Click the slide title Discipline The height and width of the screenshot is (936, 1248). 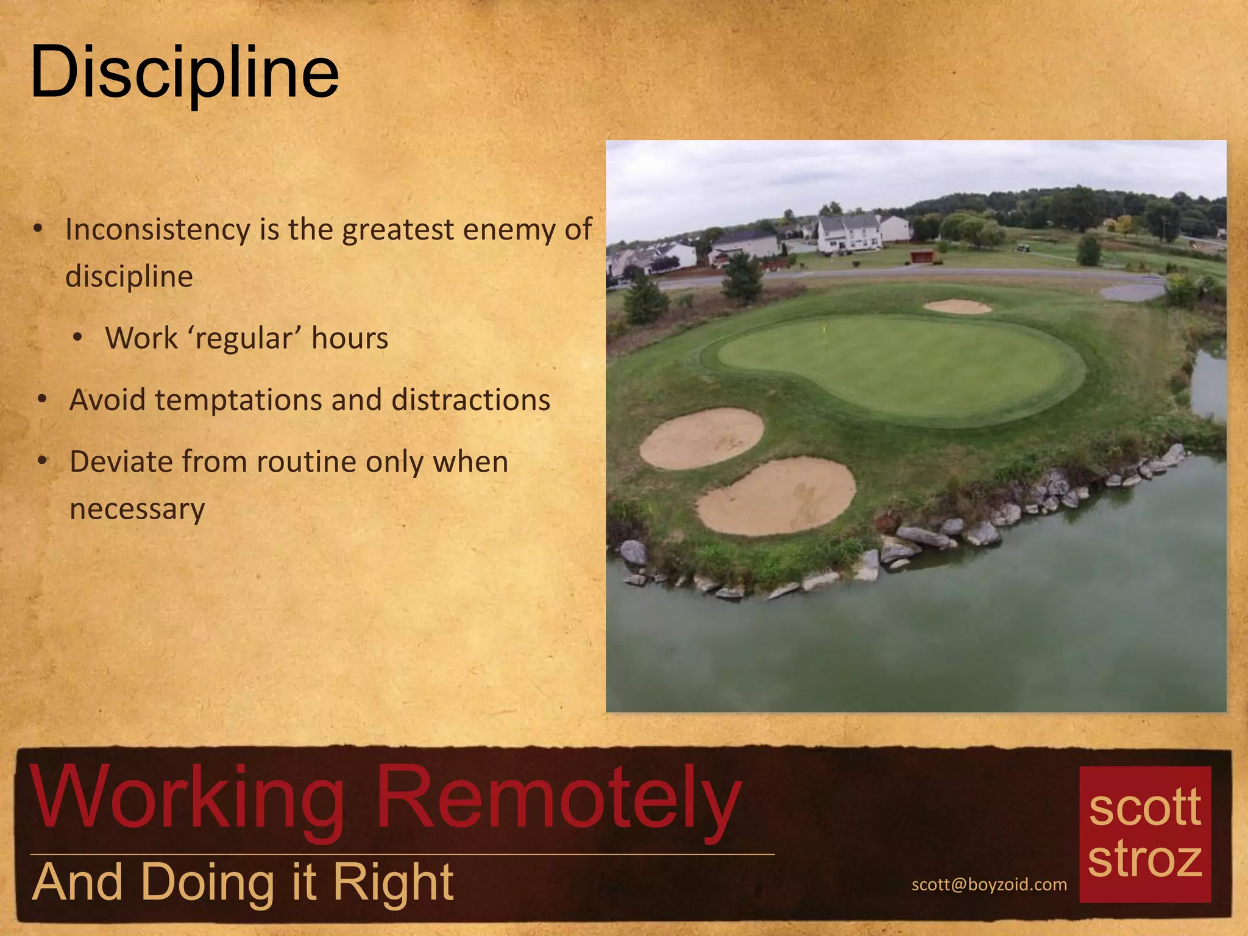(184, 73)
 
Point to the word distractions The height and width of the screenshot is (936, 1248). (470, 400)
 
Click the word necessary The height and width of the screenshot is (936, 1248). (137, 509)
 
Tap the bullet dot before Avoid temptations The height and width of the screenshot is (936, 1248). (42, 400)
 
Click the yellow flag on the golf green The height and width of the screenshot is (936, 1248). (824, 330)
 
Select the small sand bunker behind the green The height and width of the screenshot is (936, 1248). (957, 307)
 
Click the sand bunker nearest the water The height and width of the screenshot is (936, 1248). (776, 497)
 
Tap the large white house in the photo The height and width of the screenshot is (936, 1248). (849, 233)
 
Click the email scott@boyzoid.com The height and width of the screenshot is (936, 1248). (988, 884)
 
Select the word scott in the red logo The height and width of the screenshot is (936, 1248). (1144, 807)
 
